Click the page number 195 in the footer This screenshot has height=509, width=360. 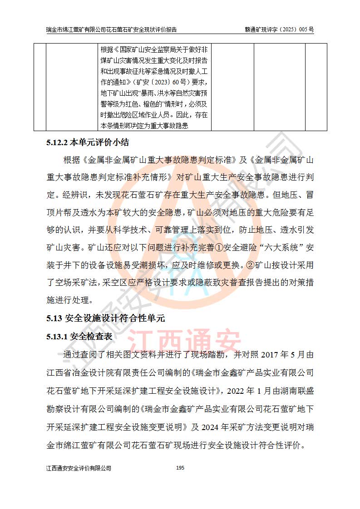[180, 467]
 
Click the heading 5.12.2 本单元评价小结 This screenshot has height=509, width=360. [88, 143]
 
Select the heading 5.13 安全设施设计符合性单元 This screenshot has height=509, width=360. [105, 318]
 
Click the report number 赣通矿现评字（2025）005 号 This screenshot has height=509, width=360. [279, 29]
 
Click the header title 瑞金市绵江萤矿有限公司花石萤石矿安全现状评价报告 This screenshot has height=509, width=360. [112, 29]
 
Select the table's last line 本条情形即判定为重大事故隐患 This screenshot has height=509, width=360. [144, 126]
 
